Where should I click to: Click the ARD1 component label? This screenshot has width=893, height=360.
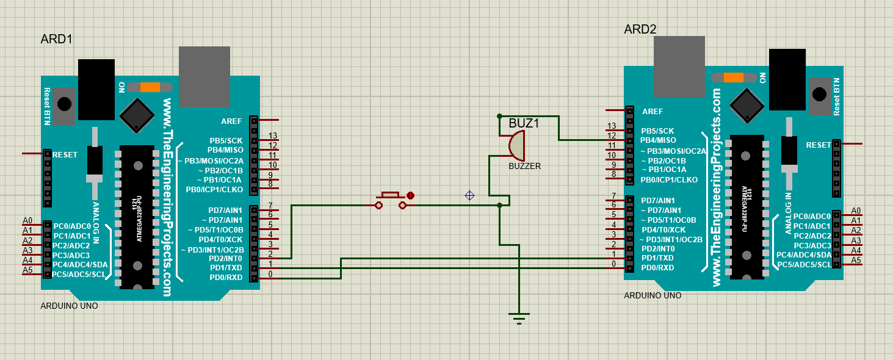coord(56,40)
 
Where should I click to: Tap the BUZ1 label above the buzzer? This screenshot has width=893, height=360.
coord(524,123)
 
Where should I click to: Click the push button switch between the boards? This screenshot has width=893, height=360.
coord(391,201)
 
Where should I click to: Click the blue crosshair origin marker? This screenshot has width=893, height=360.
coord(469,195)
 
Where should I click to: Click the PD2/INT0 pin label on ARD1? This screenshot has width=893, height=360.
coord(226,258)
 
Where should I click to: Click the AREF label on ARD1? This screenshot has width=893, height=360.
coord(232,121)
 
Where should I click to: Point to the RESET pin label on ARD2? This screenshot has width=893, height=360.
coord(819,145)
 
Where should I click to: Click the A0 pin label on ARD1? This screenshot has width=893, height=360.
coord(27,220)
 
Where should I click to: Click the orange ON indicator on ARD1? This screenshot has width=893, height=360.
coord(150,87)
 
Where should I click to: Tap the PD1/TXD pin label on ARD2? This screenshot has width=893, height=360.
coord(657,259)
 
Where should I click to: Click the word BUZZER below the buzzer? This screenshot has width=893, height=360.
coord(524,166)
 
